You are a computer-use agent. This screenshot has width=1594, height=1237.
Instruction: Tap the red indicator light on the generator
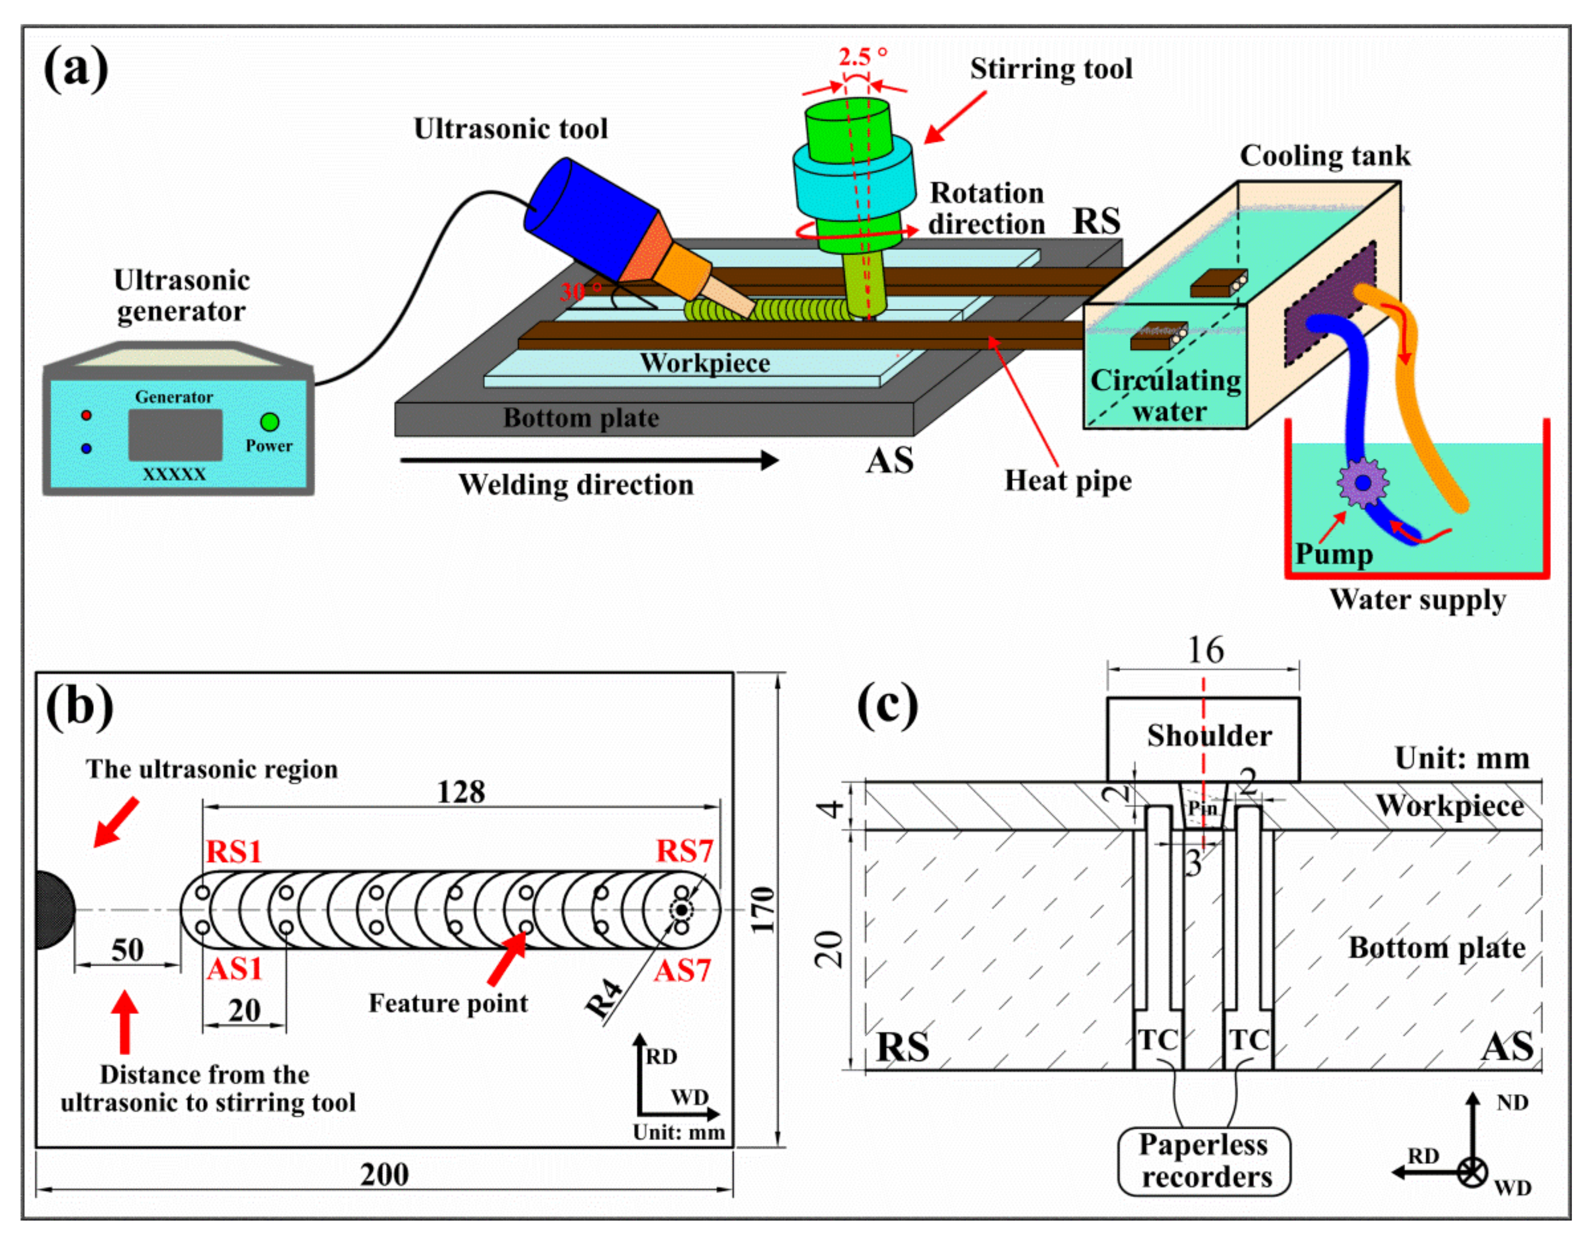point(86,415)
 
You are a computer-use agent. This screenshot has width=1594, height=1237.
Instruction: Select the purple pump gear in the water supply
point(1362,482)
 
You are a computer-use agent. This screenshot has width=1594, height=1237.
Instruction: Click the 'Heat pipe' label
point(1068,481)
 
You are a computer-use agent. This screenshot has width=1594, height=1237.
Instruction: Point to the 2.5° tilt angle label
point(863,56)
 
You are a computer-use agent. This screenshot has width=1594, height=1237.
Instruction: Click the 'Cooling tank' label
point(1325,156)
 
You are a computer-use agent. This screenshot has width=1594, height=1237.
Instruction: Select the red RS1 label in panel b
point(233,852)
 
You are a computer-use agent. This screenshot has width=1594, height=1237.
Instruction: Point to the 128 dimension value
point(461,792)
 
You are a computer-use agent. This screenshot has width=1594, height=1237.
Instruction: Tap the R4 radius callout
point(606,999)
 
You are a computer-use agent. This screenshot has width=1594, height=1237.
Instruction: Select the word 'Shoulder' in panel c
point(1209,735)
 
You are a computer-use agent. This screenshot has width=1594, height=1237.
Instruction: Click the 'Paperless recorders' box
point(1204,1161)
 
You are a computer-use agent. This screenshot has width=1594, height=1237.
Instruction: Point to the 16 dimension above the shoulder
point(1206,650)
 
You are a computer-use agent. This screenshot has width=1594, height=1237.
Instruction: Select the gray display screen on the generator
point(175,435)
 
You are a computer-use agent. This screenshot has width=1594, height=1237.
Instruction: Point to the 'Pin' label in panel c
point(1202,808)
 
